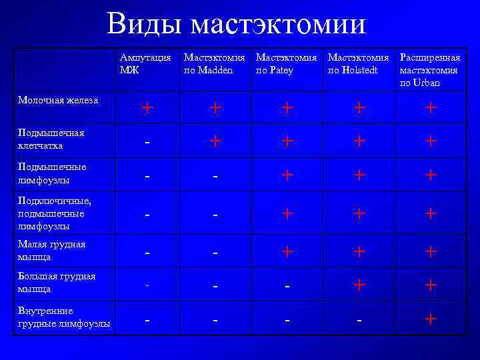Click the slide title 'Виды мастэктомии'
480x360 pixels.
(x=236, y=25)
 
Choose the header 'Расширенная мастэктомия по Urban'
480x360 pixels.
(x=430, y=70)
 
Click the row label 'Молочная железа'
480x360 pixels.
(x=59, y=100)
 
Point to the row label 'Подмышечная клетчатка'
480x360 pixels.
(x=51, y=139)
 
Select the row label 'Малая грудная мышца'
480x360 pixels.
(x=51, y=250)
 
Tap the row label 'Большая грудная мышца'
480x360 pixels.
(x=56, y=283)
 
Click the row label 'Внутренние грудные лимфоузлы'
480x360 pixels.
(x=63, y=317)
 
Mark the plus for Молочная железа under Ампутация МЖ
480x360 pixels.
(x=148, y=107)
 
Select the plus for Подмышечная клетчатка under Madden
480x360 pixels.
(x=215, y=141)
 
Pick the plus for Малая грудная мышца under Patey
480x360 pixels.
(x=287, y=251)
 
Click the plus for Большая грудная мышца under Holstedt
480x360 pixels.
(x=359, y=285)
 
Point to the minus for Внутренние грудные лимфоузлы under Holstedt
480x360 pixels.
(x=359, y=321)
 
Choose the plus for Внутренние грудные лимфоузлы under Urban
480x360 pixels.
(x=431, y=319)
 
